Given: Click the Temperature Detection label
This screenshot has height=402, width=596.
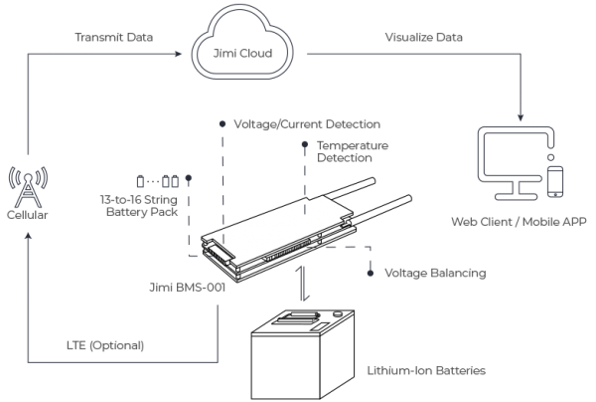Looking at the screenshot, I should [353, 151].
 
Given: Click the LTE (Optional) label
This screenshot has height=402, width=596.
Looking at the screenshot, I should [107, 345].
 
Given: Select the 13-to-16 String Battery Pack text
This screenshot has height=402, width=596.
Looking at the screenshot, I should [149, 205].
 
